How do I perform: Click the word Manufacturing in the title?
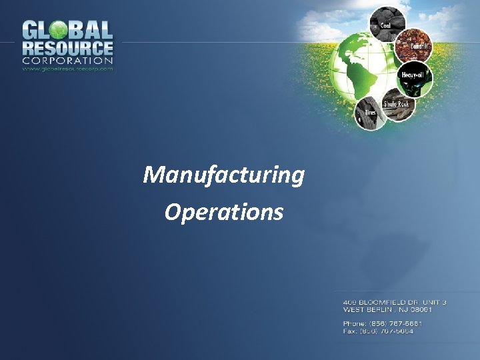click(x=223, y=175)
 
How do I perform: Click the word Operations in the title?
click(x=223, y=212)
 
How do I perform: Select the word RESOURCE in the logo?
click(x=67, y=49)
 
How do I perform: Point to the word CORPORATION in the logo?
click(x=67, y=61)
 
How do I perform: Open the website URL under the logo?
click(x=67, y=69)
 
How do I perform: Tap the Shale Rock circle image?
click(x=397, y=106)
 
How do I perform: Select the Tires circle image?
click(x=368, y=114)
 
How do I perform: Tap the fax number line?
click(x=378, y=331)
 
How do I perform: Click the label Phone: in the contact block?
click(x=354, y=323)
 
